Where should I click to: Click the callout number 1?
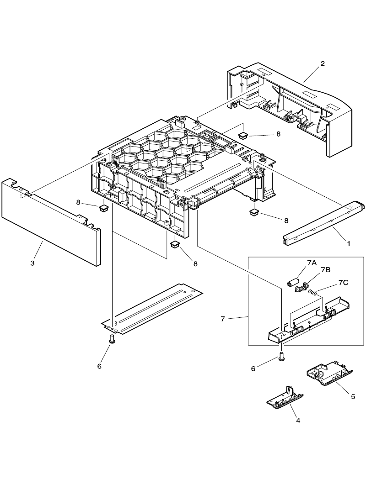[x=349, y=244]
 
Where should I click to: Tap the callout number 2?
[x=323, y=63]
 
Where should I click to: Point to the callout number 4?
[x=298, y=420]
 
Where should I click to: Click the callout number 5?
[x=353, y=396]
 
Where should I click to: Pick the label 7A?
[x=312, y=263]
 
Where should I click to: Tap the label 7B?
[x=326, y=270]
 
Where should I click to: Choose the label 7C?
[x=343, y=283]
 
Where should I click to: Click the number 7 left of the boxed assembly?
[x=223, y=319]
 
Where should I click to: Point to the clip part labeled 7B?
[x=302, y=287]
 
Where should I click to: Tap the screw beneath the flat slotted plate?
[x=112, y=339]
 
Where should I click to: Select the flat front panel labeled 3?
[x=50, y=221]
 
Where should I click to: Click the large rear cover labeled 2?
[x=293, y=107]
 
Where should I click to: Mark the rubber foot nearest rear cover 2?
[x=243, y=135]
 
